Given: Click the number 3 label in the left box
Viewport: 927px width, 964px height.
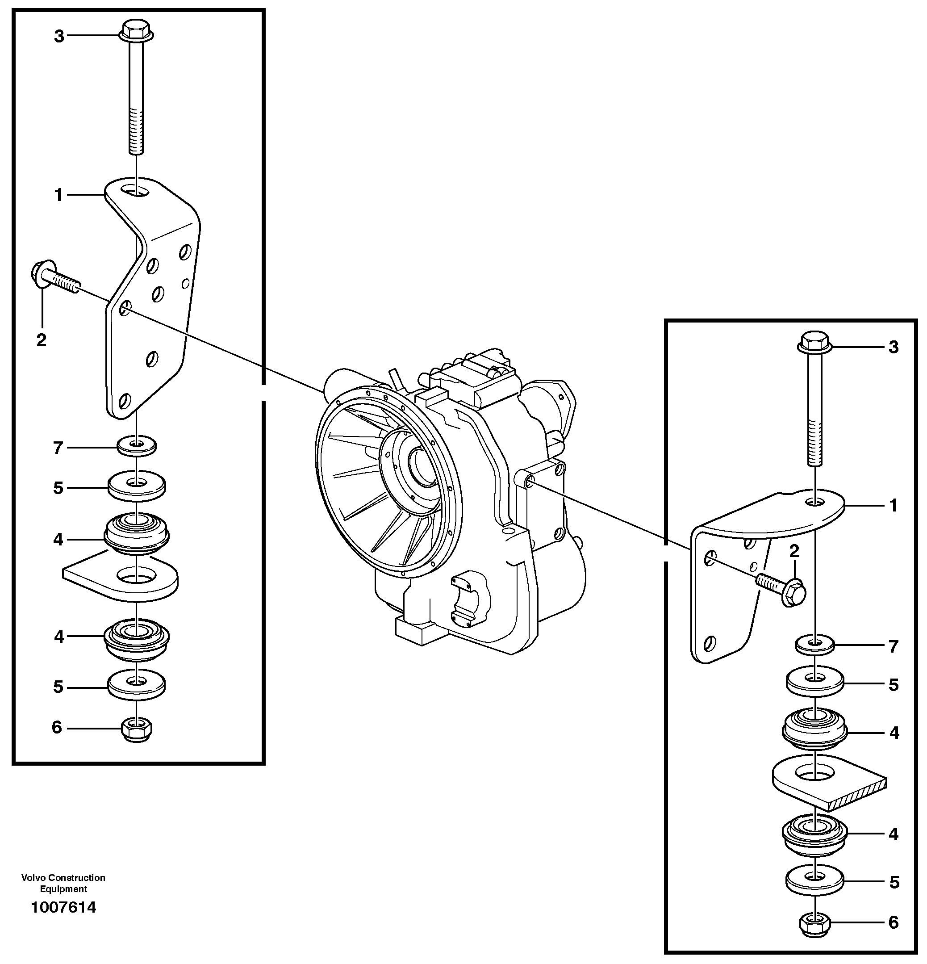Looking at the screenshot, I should coord(59,36).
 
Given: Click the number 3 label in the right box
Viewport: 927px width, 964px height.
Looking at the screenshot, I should coord(893,347).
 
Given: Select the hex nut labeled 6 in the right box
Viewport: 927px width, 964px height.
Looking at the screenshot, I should coord(815,924).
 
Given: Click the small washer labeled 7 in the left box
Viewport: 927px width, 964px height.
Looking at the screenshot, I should coord(137,446).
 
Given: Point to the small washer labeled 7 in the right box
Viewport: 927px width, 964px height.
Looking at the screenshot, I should coord(815,644).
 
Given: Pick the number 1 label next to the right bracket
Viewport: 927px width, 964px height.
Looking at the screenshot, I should coord(893,506).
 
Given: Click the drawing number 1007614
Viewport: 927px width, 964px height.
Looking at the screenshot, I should coord(63,907).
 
